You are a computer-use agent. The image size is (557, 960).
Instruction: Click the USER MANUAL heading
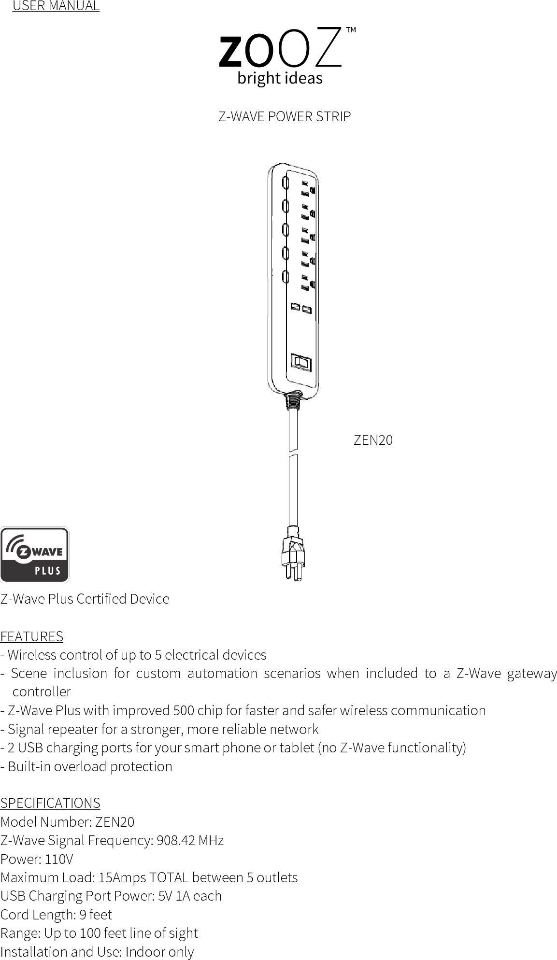[x=56, y=6]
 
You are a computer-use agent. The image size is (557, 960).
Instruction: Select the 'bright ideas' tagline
[x=280, y=78]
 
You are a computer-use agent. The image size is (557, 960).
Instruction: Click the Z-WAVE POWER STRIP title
[x=285, y=117]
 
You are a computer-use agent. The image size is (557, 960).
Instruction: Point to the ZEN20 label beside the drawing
[x=373, y=440]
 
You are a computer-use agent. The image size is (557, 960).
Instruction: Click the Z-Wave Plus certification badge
[x=34, y=555]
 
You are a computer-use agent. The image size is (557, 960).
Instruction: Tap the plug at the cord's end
[x=293, y=553]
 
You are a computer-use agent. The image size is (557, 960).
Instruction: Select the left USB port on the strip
[x=296, y=307]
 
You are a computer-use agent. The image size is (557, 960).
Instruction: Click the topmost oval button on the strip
[x=285, y=183]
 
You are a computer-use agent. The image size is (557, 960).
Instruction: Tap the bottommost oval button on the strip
[x=285, y=277]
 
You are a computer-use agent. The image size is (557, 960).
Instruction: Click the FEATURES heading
[x=32, y=636]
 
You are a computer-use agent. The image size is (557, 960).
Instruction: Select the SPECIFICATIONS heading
[x=50, y=803]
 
